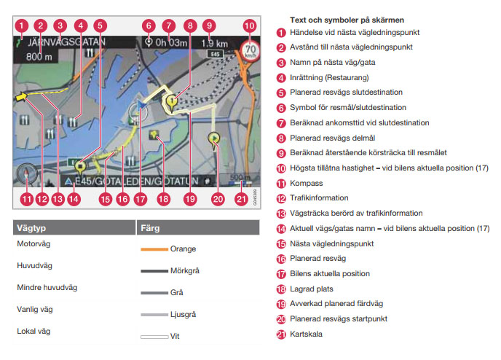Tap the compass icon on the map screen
click(26, 174)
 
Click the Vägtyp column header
click(30, 228)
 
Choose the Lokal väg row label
click(33, 331)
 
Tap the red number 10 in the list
click(281, 168)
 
